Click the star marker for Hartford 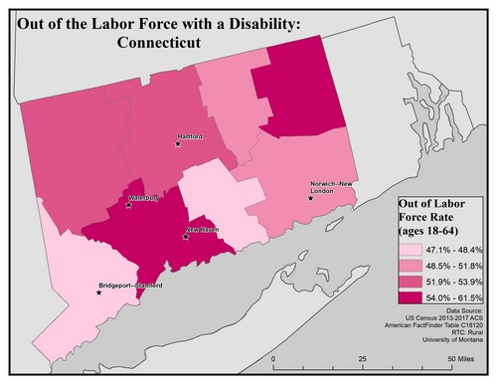click(178, 144)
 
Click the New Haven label click(202, 231)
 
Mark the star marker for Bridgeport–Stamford click(98, 292)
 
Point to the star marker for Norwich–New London click(311, 198)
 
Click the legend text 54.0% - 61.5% click(452, 299)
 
